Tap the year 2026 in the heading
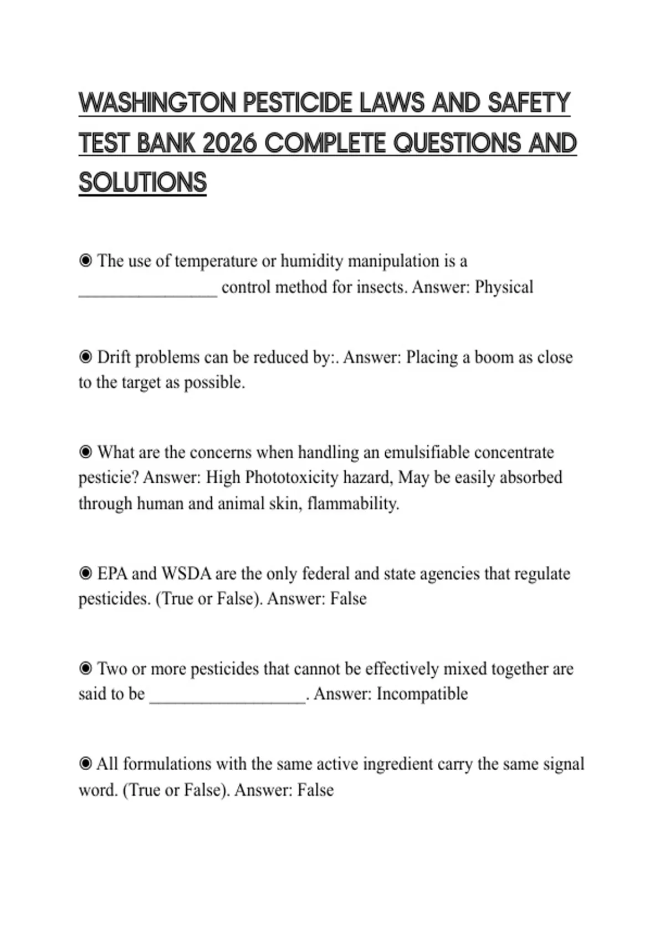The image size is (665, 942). [229, 144]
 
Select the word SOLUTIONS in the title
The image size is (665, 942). [142, 183]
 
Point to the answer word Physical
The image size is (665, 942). [504, 287]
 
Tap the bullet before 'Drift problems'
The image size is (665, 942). [85, 357]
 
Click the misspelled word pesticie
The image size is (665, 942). [108, 478]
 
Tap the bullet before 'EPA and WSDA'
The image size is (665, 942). [85, 573]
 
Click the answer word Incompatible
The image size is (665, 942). [422, 694]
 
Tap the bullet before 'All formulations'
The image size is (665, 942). [85, 764]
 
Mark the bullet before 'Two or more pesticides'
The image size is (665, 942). [85, 669]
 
